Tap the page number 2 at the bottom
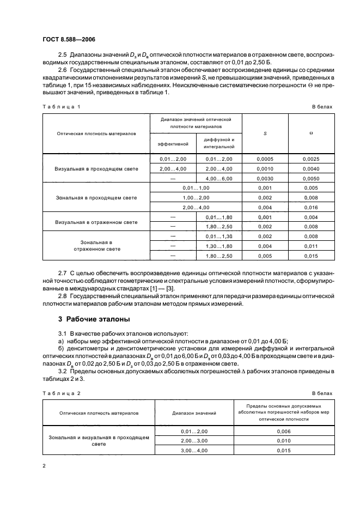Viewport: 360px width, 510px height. [x=44, y=466]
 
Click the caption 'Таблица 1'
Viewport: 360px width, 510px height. [x=62, y=107]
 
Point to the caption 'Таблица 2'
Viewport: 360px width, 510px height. [x=62, y=393]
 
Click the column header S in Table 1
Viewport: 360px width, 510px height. [x=265, y=133]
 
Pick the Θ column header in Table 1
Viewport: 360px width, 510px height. [x=312, y=133]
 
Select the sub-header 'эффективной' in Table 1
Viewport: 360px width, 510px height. [x=173, y=144]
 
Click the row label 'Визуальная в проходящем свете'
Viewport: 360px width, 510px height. [x=96, y=168]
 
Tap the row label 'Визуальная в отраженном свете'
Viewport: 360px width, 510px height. [x=96, y=222]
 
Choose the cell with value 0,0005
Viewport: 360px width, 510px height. [x=265, y=159]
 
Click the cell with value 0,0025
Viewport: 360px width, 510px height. [x=312, y=159]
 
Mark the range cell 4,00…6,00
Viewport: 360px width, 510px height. [x=219, y=178]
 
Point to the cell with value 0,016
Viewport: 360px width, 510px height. [x=312, y=208]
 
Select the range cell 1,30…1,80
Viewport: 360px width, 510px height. [x=219, y=246]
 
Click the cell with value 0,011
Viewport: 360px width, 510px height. [x=312, y=246]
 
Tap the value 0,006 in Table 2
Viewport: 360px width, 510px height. [x=284, y=431]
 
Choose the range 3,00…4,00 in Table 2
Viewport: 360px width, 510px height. [x=194, y=451]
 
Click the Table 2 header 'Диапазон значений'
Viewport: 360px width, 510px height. [x=194, y=414]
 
